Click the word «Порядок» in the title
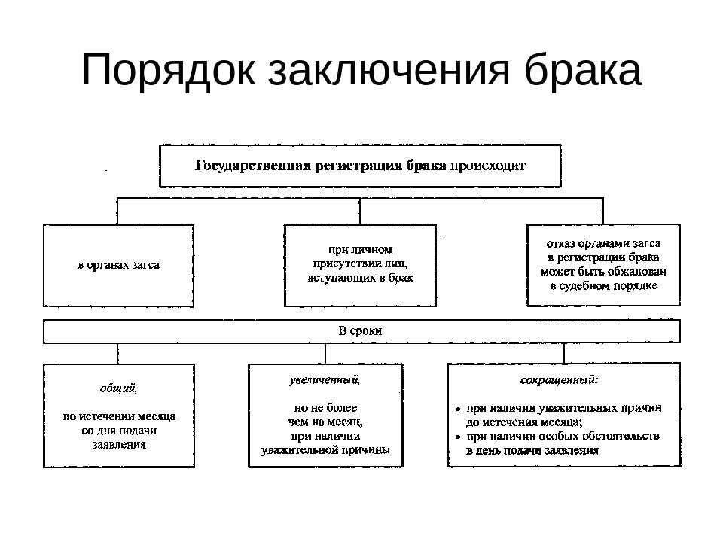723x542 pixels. (168, 71)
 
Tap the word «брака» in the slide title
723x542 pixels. (583, 69)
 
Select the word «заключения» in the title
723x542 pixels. (389, 71)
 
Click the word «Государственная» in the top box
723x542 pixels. (252, 166)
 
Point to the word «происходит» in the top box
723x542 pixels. (488, 166)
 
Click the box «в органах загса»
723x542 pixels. (118, 266)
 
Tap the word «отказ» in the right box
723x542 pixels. (560, 243)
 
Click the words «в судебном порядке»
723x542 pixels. (603, 286)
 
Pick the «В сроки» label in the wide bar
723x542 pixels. (360, 331)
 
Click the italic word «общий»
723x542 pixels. (118, 388)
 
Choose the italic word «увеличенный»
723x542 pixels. (325, 379)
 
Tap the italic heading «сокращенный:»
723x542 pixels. (559, 380)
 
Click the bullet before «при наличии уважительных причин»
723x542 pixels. (458, 409)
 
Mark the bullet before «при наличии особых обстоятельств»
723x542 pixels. (458, 437)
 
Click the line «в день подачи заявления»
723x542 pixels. (532, 450)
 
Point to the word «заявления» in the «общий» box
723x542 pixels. (119, 445)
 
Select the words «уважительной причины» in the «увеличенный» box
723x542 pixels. (325, 450)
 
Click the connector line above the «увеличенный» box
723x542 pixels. (325, 354)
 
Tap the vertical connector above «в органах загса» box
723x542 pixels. (117, 212)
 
